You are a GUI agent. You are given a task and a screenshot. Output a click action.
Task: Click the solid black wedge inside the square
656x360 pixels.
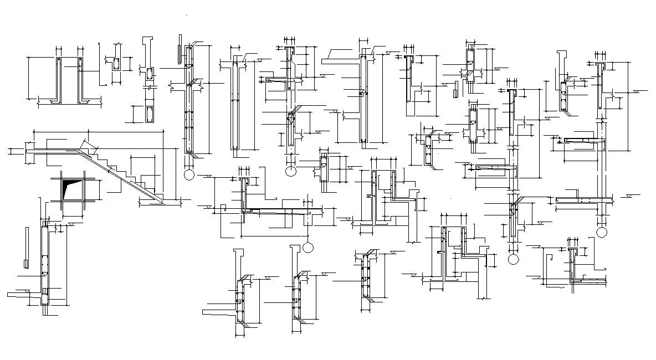pos(70,189)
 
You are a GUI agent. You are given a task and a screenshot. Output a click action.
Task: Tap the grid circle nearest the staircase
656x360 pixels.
pos(189,175)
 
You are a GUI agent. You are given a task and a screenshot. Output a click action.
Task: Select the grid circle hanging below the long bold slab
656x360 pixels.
pos(308,246)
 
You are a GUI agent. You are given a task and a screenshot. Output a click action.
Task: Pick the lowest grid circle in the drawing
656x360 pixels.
pos(513,259)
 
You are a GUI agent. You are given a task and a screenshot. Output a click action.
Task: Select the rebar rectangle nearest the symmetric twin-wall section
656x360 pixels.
pos(116,64)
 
